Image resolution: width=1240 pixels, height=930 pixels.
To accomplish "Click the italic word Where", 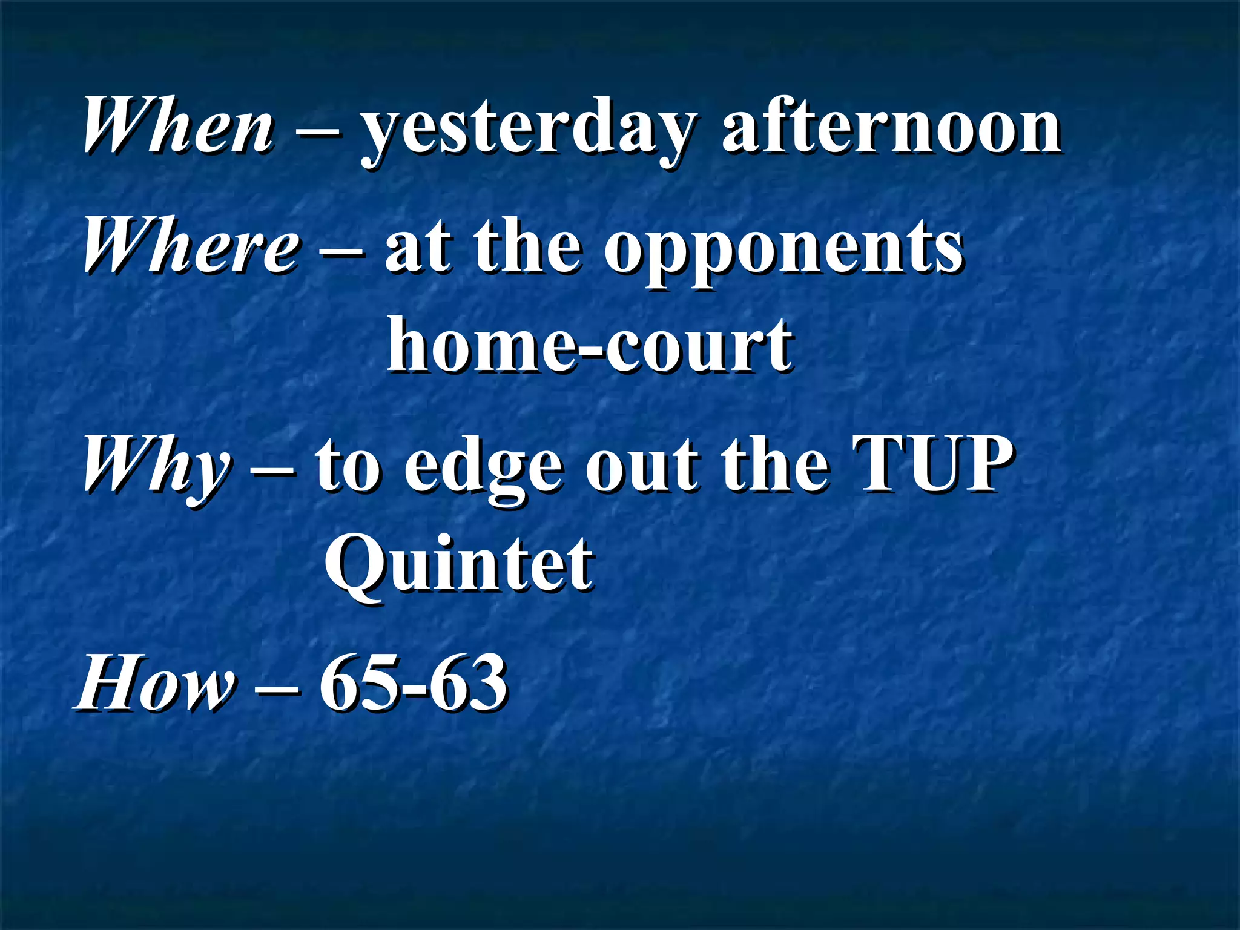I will [191, 245].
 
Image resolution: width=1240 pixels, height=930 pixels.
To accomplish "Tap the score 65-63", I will [413, 683].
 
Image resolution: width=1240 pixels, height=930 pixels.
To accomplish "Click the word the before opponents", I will [527, 245].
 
